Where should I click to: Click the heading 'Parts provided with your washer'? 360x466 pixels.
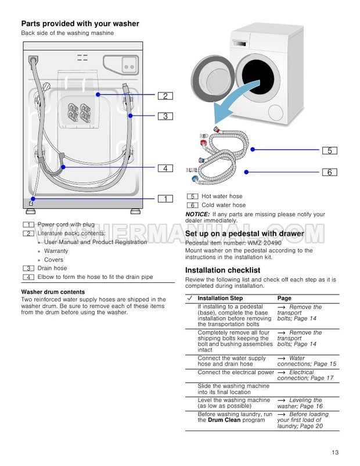point(80,24)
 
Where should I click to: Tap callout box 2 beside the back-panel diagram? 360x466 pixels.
point(165,96)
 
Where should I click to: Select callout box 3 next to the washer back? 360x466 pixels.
point(165,116)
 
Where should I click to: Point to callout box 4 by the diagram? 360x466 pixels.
point(165,169)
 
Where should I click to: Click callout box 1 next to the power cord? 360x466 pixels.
point(165,199)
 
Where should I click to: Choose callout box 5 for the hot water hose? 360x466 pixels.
point(329,150)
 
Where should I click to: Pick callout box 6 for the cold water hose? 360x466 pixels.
point(329,172)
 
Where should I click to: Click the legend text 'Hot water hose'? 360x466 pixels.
point(222,196)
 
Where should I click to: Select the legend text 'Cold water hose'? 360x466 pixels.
point(224,205)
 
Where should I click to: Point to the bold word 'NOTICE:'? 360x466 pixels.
point(198,214)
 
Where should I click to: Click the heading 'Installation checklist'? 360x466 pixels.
point(222,270)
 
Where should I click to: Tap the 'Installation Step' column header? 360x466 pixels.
point(220,298)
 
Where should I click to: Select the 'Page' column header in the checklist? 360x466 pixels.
point(285,298)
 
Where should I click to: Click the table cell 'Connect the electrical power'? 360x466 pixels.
point(236,372)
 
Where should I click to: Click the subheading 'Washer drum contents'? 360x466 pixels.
point(53,292)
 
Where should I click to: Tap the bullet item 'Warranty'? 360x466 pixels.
point(56,251)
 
